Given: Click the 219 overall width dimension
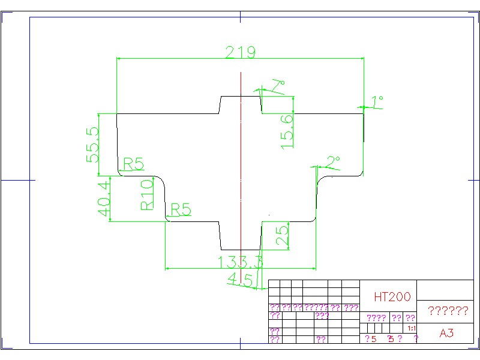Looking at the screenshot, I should click(x=240, y=52).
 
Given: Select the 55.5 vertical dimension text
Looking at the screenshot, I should click(x=93, y=145).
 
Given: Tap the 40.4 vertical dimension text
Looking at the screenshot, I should click(x=103, y=199).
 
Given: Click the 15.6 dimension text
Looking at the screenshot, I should click(x=287, y=131).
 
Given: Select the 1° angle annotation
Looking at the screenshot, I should click(x=377, y=101).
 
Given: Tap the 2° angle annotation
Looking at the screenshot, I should click(x=333, y=162).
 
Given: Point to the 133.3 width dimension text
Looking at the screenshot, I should click(x=241, y=262).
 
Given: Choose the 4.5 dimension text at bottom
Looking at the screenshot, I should click(x=241, y=278).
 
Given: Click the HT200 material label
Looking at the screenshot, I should click(x=392, y=296).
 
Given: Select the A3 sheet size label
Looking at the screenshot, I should click(x=446, y=334).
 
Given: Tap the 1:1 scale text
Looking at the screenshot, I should click(x=412, y=329).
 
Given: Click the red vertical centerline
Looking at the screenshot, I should click(x=241, y=168).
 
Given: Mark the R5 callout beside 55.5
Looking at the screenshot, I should click(x=133, y=163).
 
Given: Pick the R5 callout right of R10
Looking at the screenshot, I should click(x=181, y=209).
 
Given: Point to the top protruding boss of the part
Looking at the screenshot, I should click(x=241, y=104).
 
